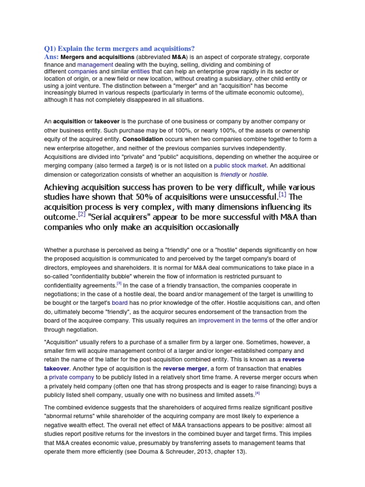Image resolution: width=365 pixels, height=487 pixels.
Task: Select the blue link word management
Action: (x=95, y=64)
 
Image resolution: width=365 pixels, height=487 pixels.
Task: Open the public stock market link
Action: (x=240, y=166)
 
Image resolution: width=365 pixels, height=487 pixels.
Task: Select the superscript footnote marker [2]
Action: (x=82, y=214)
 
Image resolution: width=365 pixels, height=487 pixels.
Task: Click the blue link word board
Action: (x=120, y=303)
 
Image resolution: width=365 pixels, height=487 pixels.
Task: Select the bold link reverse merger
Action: (x=185, y=369)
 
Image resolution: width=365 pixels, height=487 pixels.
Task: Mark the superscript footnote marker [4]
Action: (x=258, y=393)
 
